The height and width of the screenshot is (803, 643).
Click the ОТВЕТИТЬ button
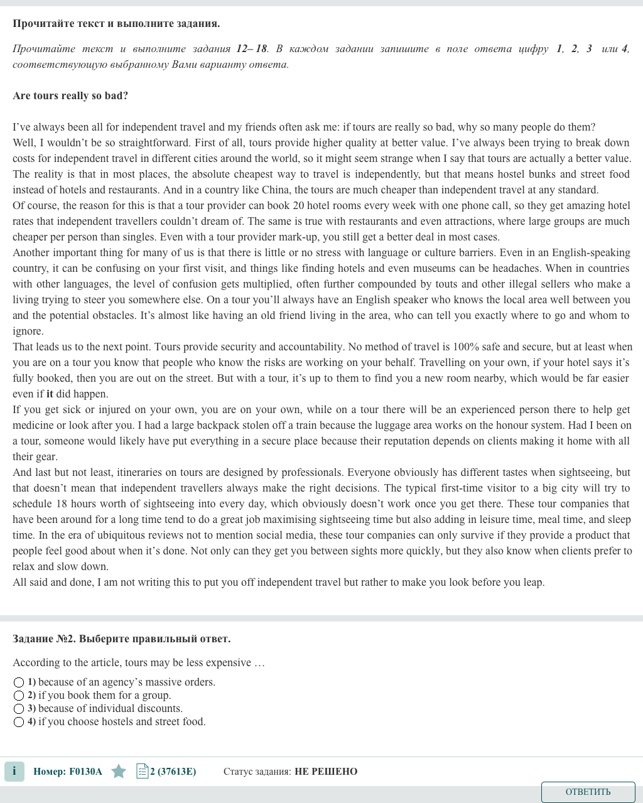click(588, 792)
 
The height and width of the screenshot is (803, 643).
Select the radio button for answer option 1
click(19, 682)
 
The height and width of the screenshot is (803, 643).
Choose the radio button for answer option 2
click(19, 696)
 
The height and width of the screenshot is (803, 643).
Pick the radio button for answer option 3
click(19, 709)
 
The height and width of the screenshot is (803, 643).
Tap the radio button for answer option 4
click(19, 722)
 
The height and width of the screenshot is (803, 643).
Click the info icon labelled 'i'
click(14, 771)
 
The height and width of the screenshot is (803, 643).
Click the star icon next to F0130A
click(119, 771)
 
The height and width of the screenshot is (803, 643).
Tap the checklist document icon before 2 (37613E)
click(142, 771)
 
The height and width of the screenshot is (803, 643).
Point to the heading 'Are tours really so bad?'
click(70, 96)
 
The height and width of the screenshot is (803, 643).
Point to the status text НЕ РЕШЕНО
click(326, 772)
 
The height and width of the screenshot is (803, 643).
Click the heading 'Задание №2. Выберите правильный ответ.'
click(121, 639)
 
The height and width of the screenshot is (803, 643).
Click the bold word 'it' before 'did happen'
click(50, 394)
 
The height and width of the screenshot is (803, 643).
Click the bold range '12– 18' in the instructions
click(252, 49)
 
